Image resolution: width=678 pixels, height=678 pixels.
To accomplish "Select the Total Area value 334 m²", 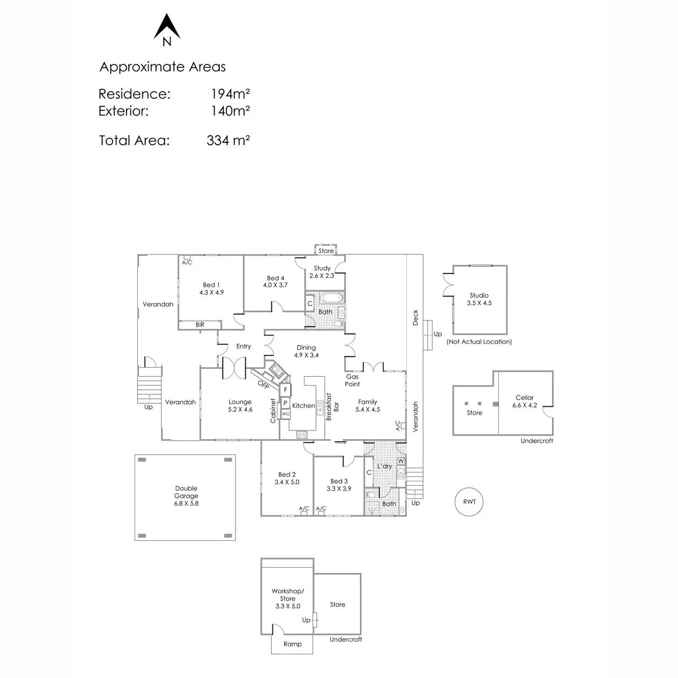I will tap(228, 141).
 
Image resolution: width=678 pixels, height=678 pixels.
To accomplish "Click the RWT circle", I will tap(469, 502).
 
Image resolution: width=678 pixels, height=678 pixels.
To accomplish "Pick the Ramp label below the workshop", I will tap(293, 644).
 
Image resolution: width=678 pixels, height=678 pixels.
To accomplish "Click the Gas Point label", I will tap(353, 380).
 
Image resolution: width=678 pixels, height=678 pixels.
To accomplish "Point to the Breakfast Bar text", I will tap(332, 406).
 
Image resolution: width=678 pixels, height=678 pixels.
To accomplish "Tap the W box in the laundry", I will tap(401, 461).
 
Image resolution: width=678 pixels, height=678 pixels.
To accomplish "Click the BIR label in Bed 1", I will tap(200, 325).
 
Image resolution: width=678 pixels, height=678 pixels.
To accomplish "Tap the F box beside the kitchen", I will tap(286, 390).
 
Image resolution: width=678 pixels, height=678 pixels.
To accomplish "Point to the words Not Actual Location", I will tap(479, 342).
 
